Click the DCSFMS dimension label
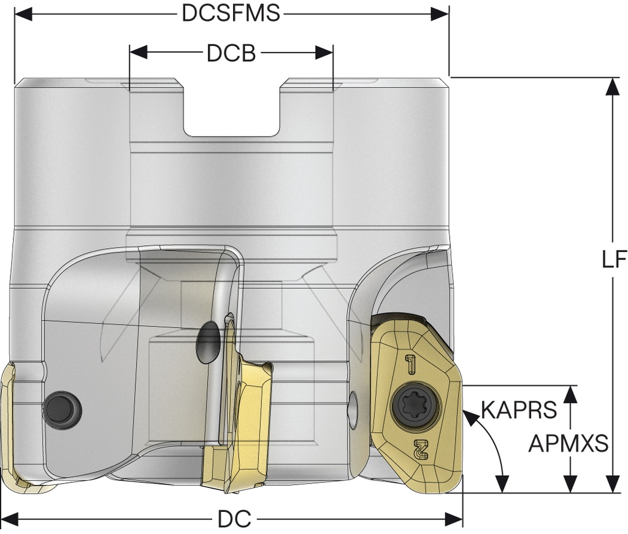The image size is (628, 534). click(231, 13)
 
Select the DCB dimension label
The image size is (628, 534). click(231, 53)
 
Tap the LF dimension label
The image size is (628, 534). click(613, 260)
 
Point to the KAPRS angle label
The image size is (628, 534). click(518, 409)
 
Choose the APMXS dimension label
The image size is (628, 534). click(568, 443)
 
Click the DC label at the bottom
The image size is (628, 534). click(234, 520)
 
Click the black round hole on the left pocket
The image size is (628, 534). click(61, 406)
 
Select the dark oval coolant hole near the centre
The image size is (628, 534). click(208, 345)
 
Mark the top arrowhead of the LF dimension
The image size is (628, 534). click(611, 86)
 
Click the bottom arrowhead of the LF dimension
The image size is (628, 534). click(611, 484)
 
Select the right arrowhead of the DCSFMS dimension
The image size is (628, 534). click(441, 13)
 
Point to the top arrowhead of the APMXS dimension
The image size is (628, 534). click(572, 393)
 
